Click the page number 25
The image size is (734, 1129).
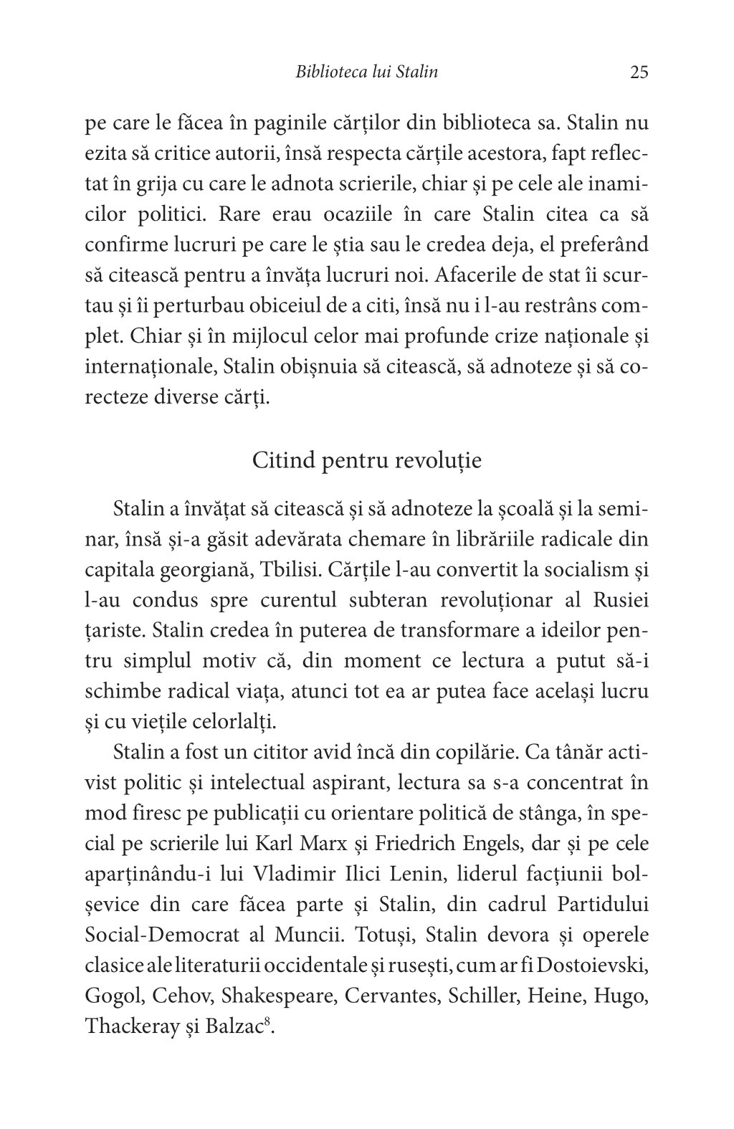click(639, 72)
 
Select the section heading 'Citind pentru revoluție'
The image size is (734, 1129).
click(367, 460)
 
